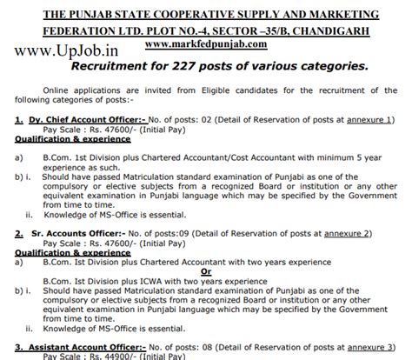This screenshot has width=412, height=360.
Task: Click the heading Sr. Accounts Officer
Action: (65, 232)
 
